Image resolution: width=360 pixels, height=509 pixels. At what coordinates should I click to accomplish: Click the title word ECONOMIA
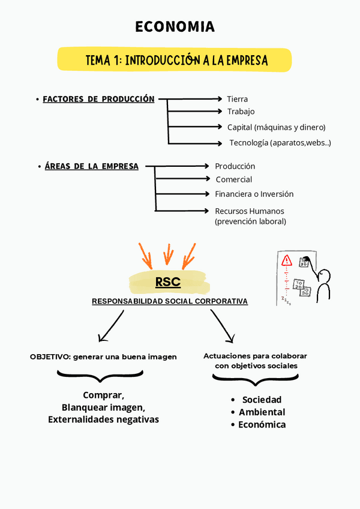(x=175, y=27)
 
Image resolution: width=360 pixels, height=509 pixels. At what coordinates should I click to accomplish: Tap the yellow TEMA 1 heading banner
(x=175, y=60)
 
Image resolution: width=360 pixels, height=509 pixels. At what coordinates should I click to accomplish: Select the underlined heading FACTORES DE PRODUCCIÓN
(x=98, y=99)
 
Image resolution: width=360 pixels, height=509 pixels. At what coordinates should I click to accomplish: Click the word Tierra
(x=238, y=99)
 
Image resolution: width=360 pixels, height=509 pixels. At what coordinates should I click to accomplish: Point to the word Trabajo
(x=241, y=112)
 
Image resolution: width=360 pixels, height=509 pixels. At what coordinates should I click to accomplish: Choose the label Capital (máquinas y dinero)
(x=276, y=127)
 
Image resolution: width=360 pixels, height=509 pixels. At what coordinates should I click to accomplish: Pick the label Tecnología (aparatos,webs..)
(x=280, y=143)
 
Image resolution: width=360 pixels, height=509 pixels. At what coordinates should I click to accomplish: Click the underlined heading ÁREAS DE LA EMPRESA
(x=91, y=166)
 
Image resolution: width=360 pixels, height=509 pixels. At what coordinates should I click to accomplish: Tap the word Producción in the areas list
(x=235, y=166)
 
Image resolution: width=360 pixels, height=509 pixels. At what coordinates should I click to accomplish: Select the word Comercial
(x=234, y=179)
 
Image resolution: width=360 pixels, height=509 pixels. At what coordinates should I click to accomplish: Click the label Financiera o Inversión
(x=254, y=194)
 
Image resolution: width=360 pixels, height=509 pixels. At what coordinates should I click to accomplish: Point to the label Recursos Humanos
(x=250, y=211)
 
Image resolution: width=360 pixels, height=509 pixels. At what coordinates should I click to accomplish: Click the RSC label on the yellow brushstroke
(x=168, y=282)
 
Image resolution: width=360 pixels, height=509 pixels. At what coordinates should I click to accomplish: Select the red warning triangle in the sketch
(x=287, y=261)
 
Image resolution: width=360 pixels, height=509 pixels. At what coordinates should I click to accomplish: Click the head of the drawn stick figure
(x=325, y=276)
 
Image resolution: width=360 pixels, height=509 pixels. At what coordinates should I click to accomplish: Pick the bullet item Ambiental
(x=262, y=412)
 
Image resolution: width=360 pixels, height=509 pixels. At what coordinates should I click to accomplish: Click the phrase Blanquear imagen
(x=103, y=408)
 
